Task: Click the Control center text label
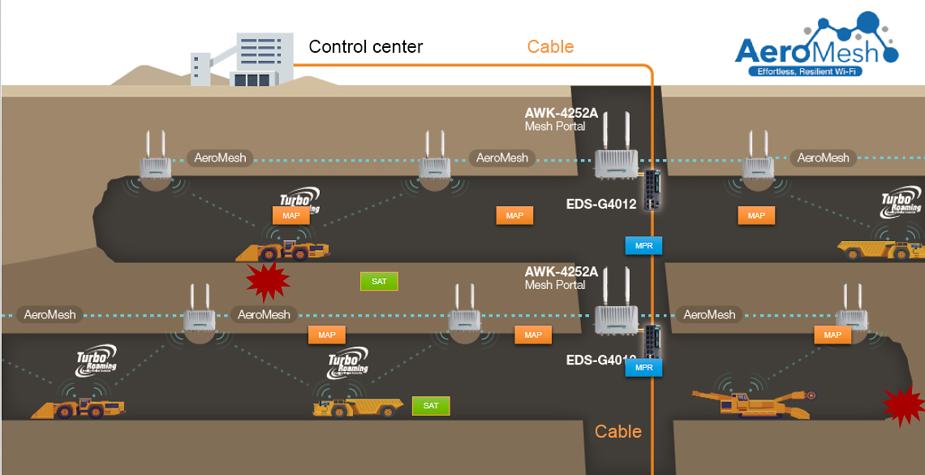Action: point(366,47)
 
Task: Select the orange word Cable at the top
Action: point(550,47)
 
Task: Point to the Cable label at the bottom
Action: point(618,431)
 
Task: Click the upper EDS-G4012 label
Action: point(601,204)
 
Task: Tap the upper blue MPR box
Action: point(644,245)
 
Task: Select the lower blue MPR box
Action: point(644,368)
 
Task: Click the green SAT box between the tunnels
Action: point(379,282)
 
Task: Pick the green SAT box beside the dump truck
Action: point(431,406)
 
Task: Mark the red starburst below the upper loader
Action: point(268,281)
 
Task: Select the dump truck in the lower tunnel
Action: point(358,405)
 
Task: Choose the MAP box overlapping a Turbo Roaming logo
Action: point(290,216)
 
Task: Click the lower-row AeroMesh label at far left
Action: point(49,315)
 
